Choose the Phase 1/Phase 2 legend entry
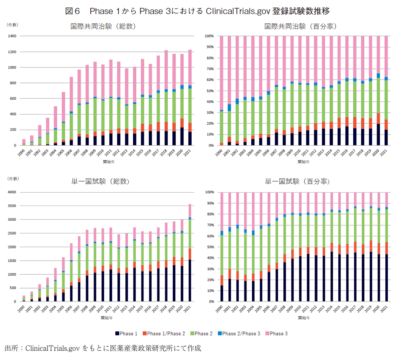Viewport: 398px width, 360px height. click(163, 334)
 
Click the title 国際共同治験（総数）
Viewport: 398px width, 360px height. click(103, 27)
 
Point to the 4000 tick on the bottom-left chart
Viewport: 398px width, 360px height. click(12, 192)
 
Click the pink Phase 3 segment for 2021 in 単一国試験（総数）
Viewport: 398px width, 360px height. click(190, 211)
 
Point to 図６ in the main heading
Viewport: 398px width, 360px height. click(72, 11)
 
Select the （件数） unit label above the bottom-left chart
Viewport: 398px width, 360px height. click(13, 179)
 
